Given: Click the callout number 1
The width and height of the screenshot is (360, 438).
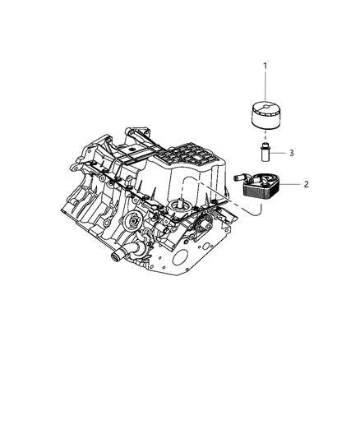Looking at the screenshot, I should (265, 65).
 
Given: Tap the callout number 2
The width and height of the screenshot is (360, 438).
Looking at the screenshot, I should (306, 184).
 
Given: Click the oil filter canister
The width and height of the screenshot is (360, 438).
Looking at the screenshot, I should (265, 116).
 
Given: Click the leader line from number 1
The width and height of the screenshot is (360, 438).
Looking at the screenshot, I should (265, 85).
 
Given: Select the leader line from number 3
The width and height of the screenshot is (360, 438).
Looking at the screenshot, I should (279, 153).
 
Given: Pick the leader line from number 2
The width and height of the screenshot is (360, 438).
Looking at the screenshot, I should (291, 185).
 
